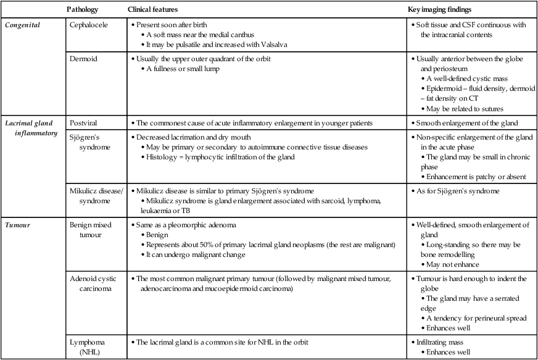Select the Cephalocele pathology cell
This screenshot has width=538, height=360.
tap(91, 25)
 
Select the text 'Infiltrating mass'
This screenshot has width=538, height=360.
tap(445, 342)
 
